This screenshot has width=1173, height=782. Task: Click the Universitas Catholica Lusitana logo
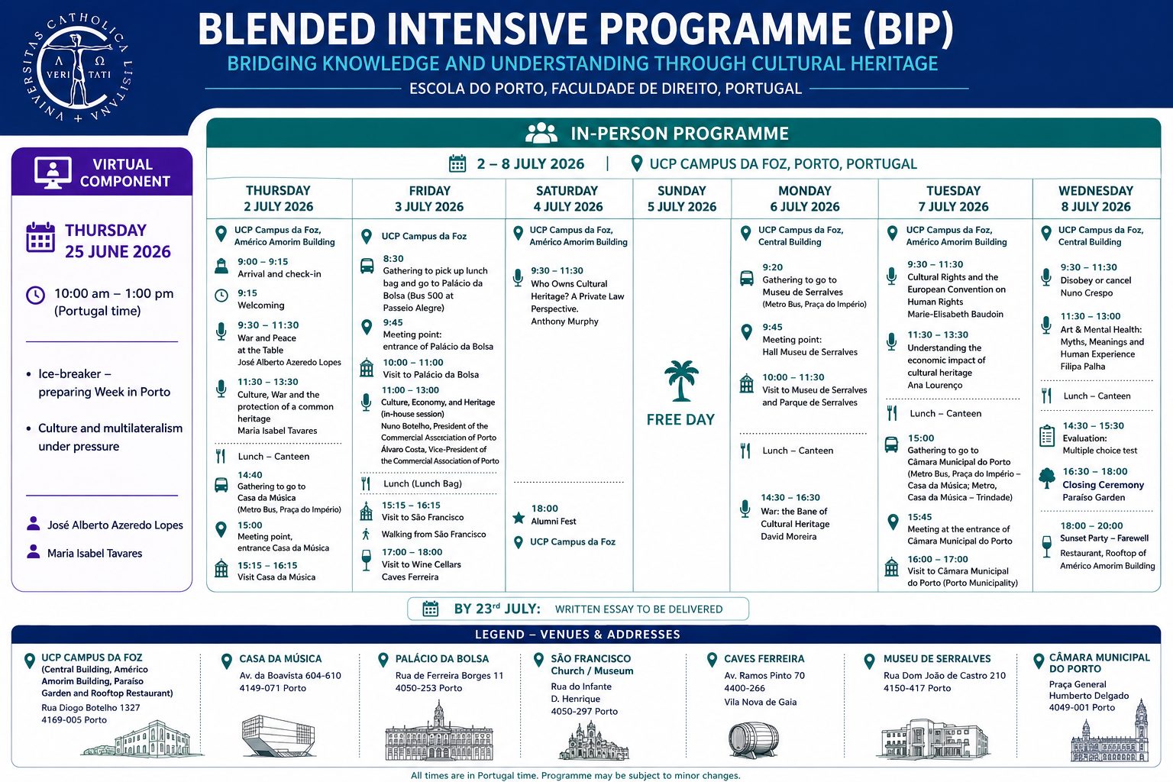pyautogui.click(x=79, y=68)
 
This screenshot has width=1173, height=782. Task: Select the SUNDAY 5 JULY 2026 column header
pyautogui.click(x=681, y=199)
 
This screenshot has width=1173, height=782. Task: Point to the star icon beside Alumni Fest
pyautogui.click(x=519, y=518)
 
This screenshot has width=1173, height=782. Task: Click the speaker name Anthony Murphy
pyautogui.click(x=564, y=321)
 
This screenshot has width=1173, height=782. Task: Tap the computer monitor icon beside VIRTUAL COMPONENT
pyautogui.click(x=53, y=173)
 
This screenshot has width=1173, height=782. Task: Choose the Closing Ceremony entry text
pyautogui.click(x=1103, y=485)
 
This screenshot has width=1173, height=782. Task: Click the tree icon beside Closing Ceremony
pyautogui.click(x=1047, y=478)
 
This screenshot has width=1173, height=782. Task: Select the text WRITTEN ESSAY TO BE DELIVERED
pyautogui.click(x=638, y=609)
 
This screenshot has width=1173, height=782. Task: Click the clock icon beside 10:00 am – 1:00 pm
pyautogui.click(x=36, y=296)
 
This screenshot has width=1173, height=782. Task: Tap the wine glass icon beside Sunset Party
pyautogui.click(x=1047, y=546)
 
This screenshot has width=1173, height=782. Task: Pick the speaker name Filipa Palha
pyautogui.click(x=1082, y=367)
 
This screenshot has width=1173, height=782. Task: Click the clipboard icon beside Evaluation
pyautogui.click(x=1047, y=436)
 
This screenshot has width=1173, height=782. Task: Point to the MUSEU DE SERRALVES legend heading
pyautogui.click(x=937, y=659)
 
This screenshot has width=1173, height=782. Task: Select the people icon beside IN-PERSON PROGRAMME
pyautogui.click(x=541, y=133)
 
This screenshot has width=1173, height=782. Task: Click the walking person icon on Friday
pyautogui.click(x=366, y=535)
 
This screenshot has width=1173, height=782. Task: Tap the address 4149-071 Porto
pyautogui.click(x=273, y=688)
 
